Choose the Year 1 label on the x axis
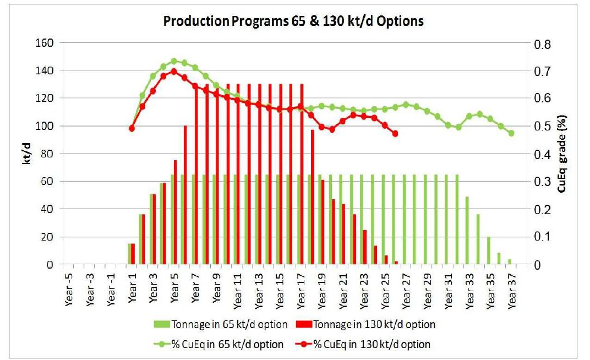(x=133, y=289)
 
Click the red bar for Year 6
(x=185, y=195)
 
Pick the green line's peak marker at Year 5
(x=174, y=61)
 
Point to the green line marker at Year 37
(x=511, y=133)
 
